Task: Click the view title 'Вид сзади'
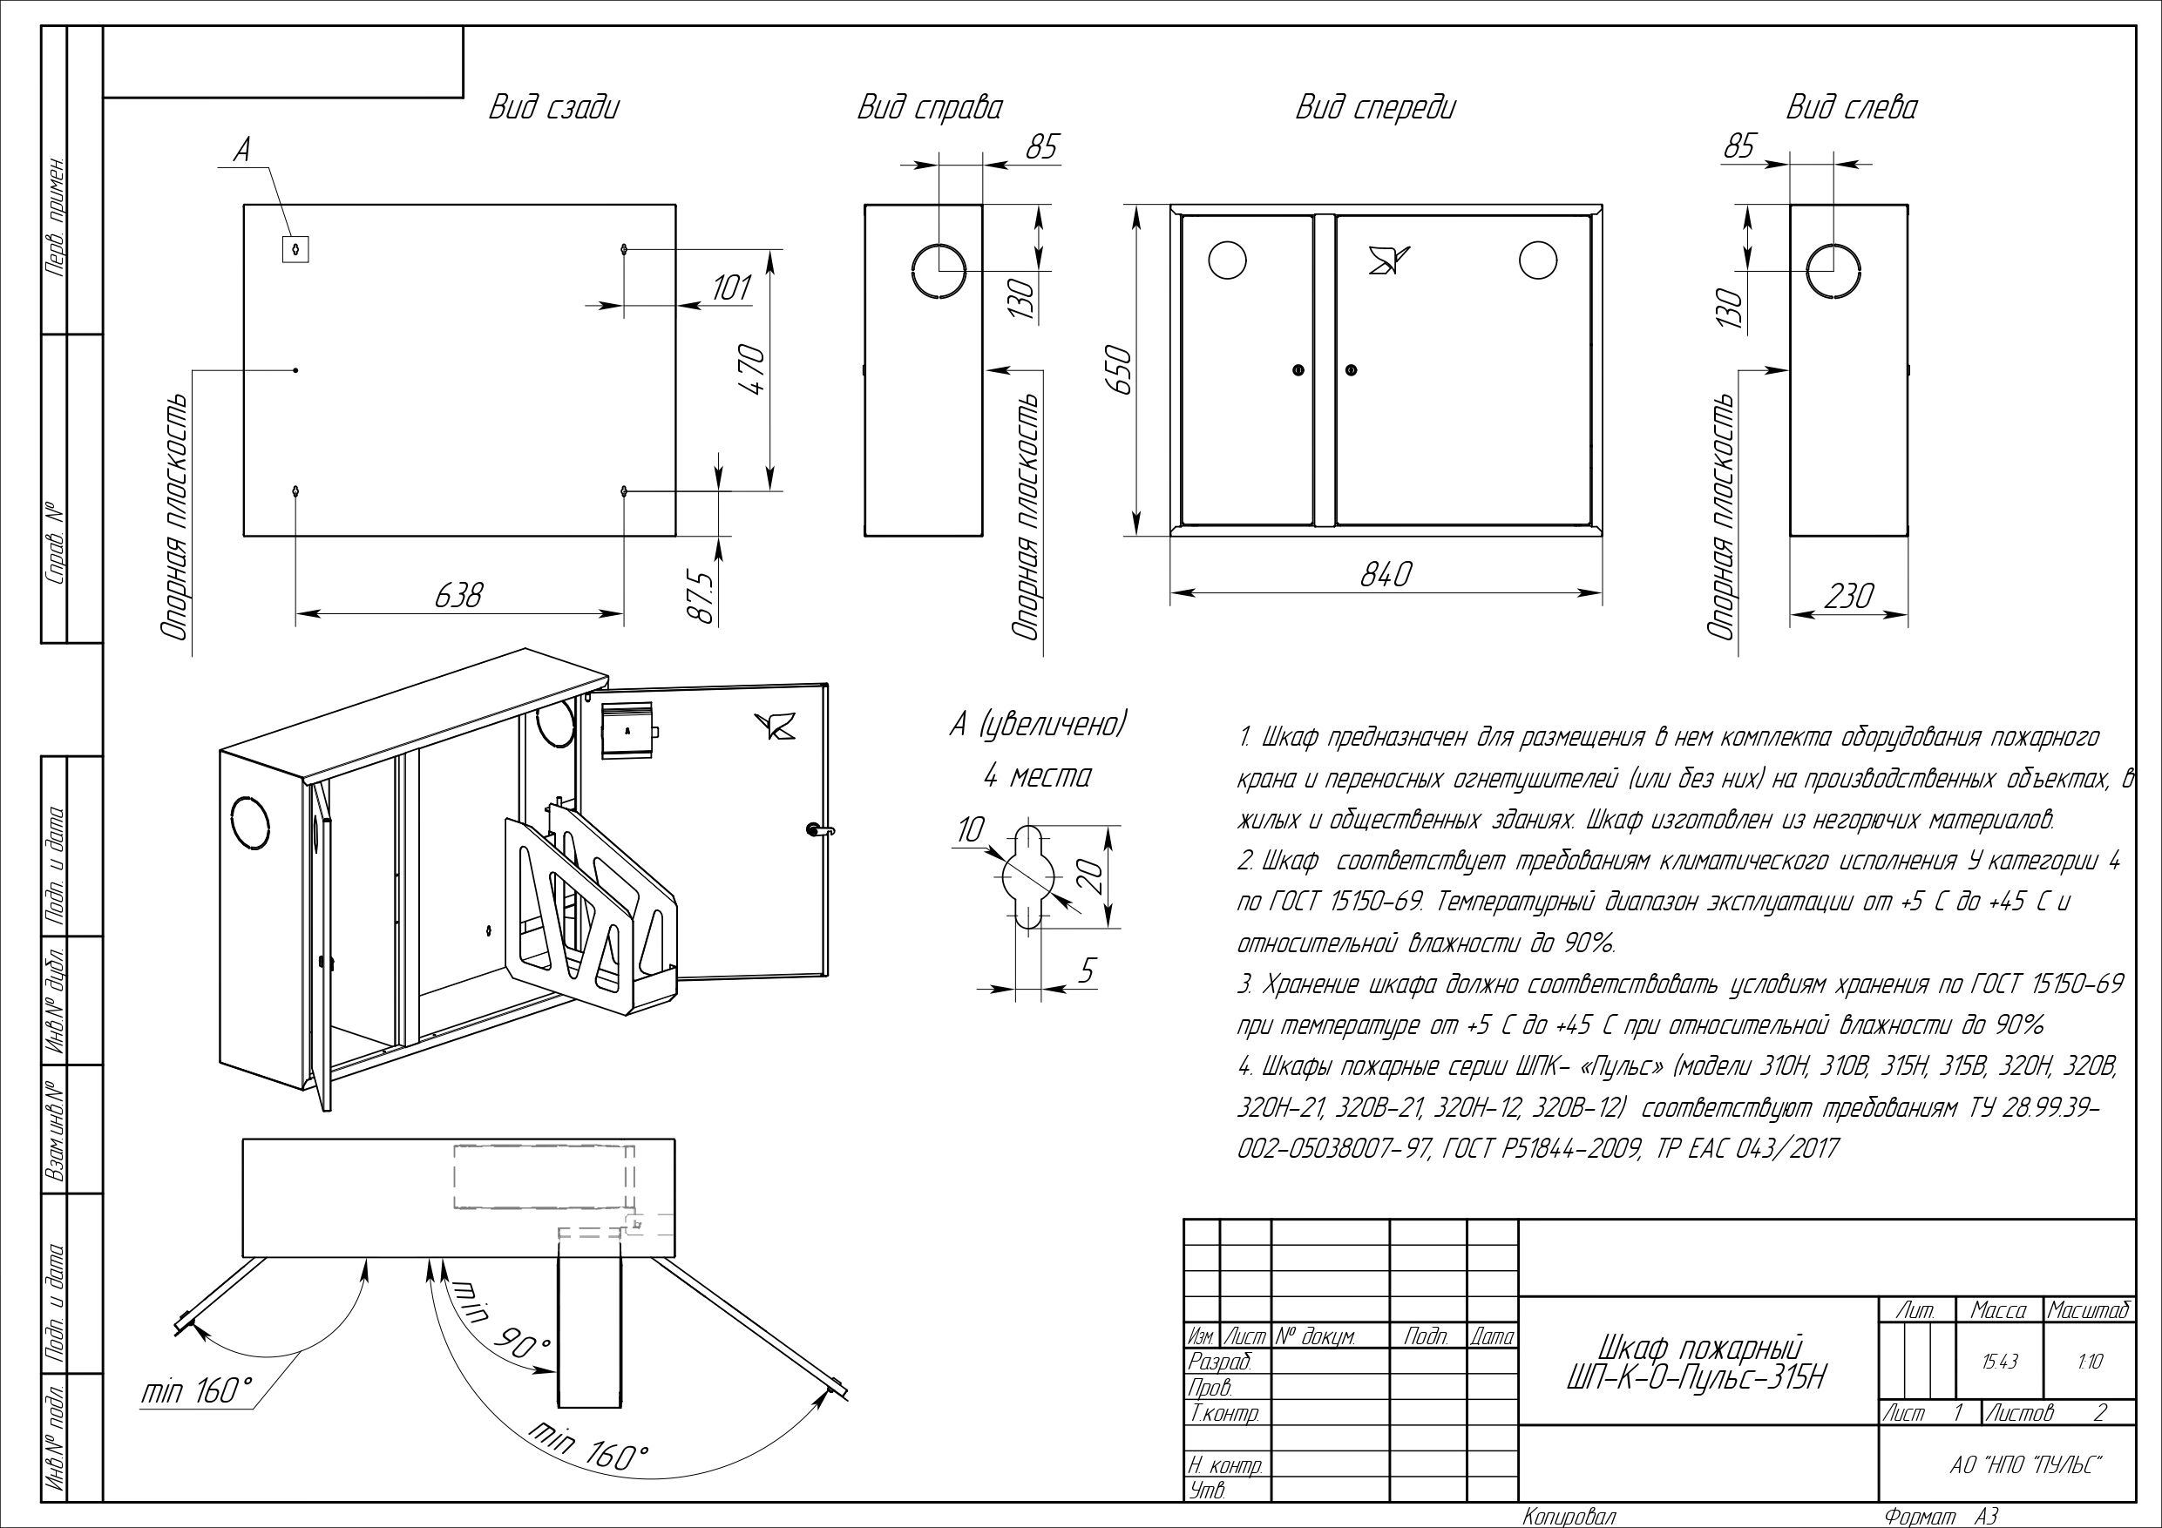click(x=553, y=107)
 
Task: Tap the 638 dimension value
click(x=458, y=596)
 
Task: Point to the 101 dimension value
click(x=731, y=287)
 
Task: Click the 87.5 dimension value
click(x=701, y=596)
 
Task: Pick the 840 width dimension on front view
click(x=1386, y=574)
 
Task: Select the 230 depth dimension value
click(x=1849, y=596)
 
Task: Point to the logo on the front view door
click(x=1389, y=259)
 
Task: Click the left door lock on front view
click(x=1298, y=370)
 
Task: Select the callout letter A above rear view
click(x=242, y=151)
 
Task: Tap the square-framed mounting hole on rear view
click(x=295, y=248)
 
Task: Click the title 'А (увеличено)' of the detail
click(x=1038, y=725)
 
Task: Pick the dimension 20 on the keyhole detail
click(x=1089, y=876)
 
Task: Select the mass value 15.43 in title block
click(x=1998, y=1362)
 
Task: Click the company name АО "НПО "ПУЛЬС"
click(x=2026, y=1466)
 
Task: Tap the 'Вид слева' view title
click(x=1851, y=107)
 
